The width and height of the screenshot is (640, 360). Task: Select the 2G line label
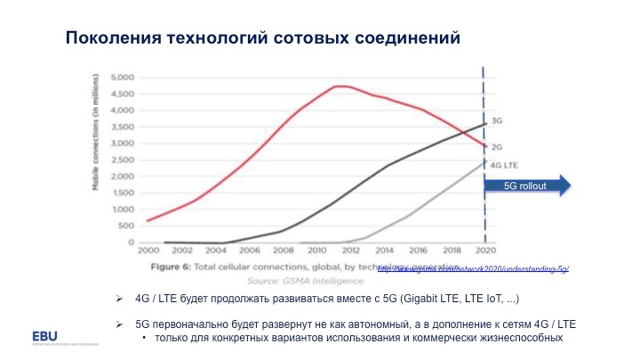click(497, 146)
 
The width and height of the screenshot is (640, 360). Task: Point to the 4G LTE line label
click(503, 164)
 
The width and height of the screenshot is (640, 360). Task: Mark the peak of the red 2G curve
click(339, 86)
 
